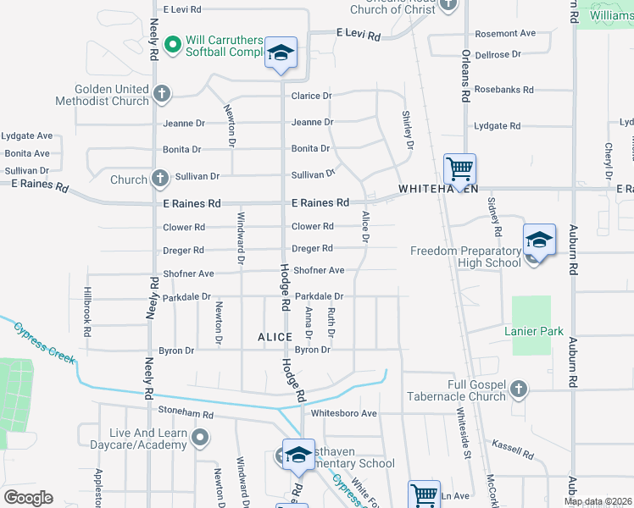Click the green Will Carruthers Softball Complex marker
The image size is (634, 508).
pos(173,43)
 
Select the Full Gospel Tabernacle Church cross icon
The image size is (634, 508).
pos(519,389)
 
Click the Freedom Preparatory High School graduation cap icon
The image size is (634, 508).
pos(538,241)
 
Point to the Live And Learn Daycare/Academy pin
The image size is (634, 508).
pos(200,438)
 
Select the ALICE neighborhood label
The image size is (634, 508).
pos(275,337)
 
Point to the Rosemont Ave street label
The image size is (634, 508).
pos(505,34)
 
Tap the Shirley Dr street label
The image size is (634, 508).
pos(408,130)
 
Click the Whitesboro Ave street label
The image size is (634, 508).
pos(343,413)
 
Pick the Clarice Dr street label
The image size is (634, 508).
pos(311,97)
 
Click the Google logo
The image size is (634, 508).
pos(28,498)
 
